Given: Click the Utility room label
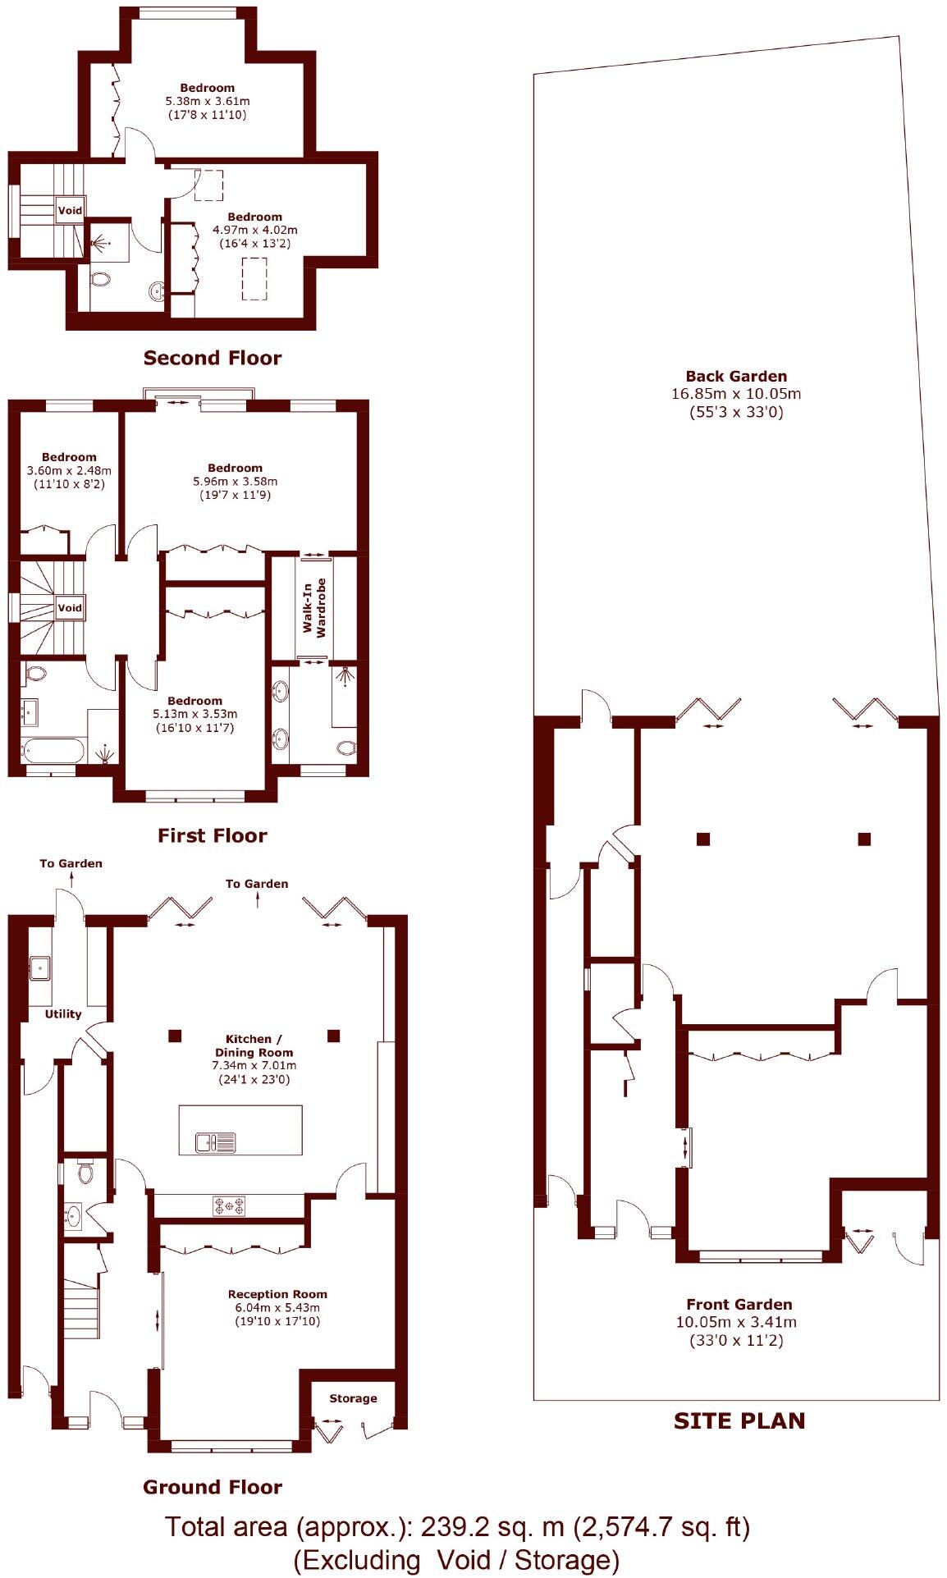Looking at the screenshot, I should pyautogui.click(x=63, y=1013).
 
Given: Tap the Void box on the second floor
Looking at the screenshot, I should pyautogui.click(x=70, y=211).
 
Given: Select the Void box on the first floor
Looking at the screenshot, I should pyautogui.click(x=70, y=608).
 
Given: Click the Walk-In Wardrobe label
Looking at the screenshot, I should pyautogui.click(x=314, y=607).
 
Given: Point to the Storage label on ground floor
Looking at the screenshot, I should pyautogui.click(x=353, y=1398).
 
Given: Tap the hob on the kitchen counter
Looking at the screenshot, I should pyautogui.click(x=230, y=1205).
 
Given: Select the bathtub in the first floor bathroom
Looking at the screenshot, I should pyautogui.click(x=54, y=748).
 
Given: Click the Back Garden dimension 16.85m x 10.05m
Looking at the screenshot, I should pyautogui.click(x=736, y=394).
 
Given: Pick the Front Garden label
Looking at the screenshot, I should pyautogui.click(x=739, y=1304).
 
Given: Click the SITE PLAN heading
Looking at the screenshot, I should pyautogui.click(x=739, y=1420).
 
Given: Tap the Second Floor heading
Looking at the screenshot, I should pyautogui.click(x=212, y=358).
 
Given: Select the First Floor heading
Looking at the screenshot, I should pyautogui.click(x=212, y=835).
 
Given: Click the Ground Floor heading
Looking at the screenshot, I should pyautogui.click(x=212, y=1487).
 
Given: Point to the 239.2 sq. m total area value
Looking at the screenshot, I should pyautogui.click(x=492, y=1526).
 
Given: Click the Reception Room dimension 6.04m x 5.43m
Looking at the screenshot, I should pyautogui.click(x=277, y=1307).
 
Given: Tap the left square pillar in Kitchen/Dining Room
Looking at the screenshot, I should pyautogui.click(x=175, y=1036).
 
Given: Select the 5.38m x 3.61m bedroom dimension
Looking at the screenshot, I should pyautogui.click(x=208, y=101).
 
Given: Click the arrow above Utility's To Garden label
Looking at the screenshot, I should pyautogui.click(x=71, y=879).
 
